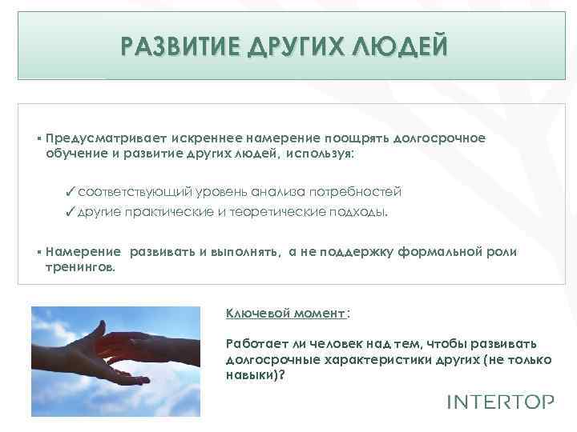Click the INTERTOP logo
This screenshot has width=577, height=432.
coord(499,402)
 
